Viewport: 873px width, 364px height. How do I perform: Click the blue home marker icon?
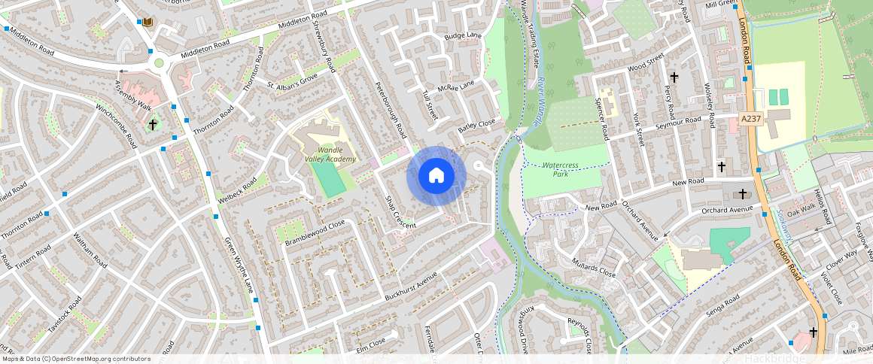point(436,176)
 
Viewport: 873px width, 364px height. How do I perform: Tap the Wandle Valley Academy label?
point(330,154)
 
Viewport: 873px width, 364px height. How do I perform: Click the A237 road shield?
point(750,119)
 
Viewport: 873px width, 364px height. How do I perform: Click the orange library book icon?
point(148,22)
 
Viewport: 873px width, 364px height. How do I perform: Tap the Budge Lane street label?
point(462,36)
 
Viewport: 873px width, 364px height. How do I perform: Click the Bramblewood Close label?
point(315,232)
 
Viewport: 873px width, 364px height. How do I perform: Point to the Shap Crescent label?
point(400,213)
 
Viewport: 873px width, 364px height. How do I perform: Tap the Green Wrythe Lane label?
point(239,265)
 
